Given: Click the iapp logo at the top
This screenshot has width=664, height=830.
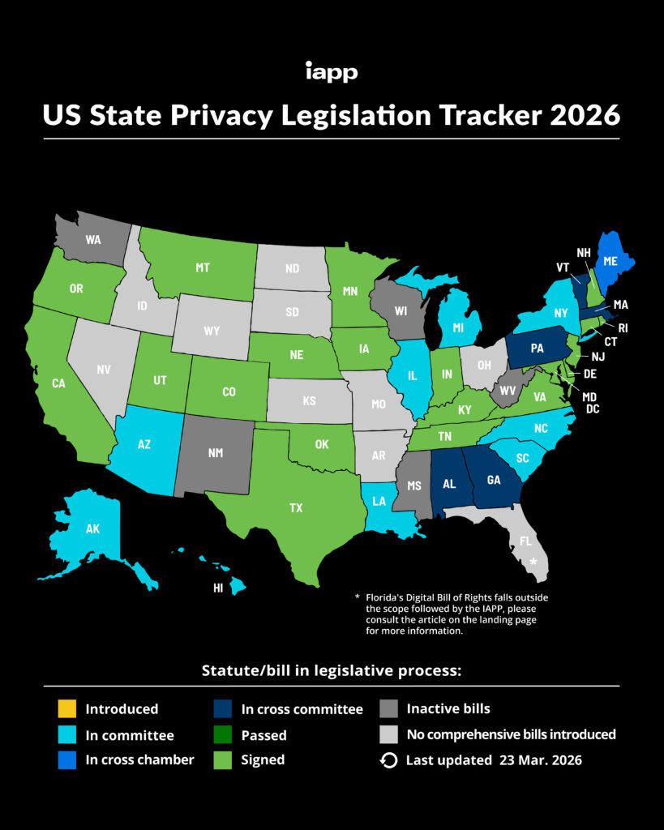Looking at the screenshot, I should click(x=332, y=72).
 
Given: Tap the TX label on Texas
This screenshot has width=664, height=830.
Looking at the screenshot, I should click(x=297, y=508).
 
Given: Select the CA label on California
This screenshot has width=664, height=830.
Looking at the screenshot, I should click(x=58, y=383).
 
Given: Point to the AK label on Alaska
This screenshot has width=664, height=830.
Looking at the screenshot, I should click(x=94, y=528).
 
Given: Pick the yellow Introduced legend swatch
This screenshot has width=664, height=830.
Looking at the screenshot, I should click(x=65, y=709).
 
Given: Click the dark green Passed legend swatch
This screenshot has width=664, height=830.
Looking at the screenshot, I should click(x=221, y=735).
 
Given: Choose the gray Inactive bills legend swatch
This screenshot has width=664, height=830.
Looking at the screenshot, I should click(x=388, y=709).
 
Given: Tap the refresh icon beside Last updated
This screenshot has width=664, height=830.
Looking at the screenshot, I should click(x=388, y=760).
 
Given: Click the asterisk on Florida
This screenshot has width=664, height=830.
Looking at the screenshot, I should click(x=533, y=561).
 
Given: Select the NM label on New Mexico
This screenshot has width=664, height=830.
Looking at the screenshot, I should click(x=215, y=452).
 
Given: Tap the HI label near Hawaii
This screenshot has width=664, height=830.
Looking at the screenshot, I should click(x=218, y=588).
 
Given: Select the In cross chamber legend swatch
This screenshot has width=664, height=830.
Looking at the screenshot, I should click(x=65, y=760).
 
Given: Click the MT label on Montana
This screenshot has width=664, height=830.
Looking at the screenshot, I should click(x=203, y=267).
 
